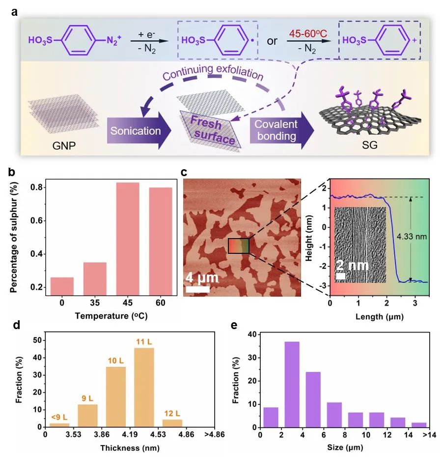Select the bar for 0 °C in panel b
pos(62,285)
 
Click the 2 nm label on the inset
pos(352,269)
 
